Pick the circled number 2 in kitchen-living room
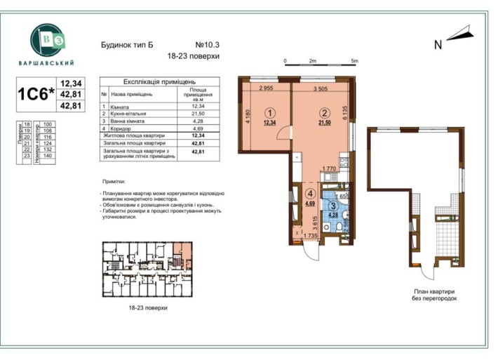pyautogui.click(x=324, y=112)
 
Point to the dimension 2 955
pyautogui.click(x=266, y=88)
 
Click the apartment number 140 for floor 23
pyautogui.click(x=48, y=156)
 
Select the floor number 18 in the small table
pyautogui.click(x=27, y=124)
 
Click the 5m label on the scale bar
pyautogui.click(x=355, y=61)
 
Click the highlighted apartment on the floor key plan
pyautogui.click(x=182, y=251)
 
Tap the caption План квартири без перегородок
pyautogui.click(x=433, y=295)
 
